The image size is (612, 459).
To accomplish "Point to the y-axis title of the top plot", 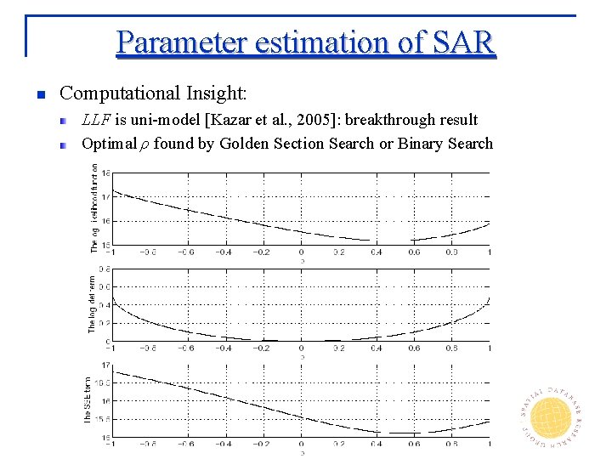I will (x=93, y=208).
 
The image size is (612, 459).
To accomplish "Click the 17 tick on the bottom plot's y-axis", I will (x=105, y=365).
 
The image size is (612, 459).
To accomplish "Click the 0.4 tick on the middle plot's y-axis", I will (x=104, y=304).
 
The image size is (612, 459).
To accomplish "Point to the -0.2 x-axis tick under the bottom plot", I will (x=262, y=444).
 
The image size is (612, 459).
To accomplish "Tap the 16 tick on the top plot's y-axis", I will (x=105, y=220).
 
